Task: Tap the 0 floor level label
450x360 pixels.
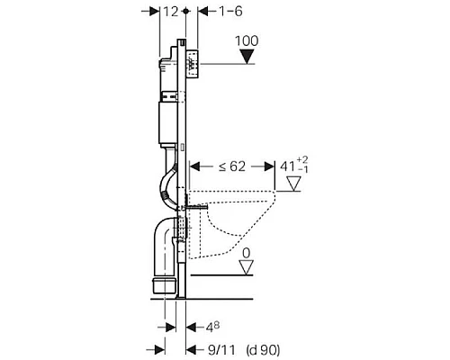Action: coord(245,255)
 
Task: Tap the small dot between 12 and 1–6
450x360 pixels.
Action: coord(186,11)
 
